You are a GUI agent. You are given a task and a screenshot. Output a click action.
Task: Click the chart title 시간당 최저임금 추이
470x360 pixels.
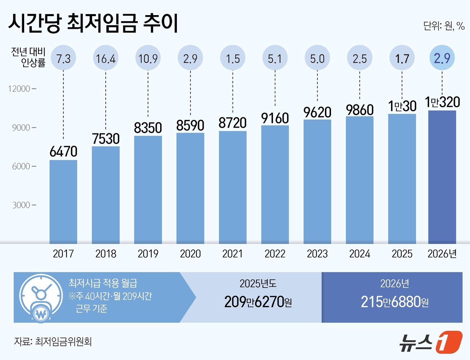93,23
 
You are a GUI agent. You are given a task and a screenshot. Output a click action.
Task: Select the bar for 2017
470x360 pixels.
63,201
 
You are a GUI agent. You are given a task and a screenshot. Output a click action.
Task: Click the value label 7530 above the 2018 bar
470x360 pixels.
106,139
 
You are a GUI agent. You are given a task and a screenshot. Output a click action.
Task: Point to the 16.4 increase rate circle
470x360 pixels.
106,58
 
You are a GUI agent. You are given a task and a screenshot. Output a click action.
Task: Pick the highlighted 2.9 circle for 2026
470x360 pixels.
442,58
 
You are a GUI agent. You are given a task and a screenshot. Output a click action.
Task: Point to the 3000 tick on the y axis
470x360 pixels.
21,205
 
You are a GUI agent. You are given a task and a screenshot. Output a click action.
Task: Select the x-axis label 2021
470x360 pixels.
232,254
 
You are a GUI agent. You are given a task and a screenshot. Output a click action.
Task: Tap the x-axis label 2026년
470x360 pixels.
442,254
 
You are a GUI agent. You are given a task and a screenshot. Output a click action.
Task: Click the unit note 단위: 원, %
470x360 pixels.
443,26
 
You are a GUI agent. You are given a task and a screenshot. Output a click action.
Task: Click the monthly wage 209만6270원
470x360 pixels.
258,302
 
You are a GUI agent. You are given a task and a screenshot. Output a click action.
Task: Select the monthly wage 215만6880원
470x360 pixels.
394,302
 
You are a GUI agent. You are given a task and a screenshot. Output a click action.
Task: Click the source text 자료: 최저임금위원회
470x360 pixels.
53,342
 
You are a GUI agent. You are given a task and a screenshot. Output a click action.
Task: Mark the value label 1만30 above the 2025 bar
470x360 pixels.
402,106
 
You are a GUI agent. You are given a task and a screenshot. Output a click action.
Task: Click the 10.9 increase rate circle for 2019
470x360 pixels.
148,58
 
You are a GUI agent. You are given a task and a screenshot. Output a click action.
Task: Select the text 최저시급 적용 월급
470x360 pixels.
103,283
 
